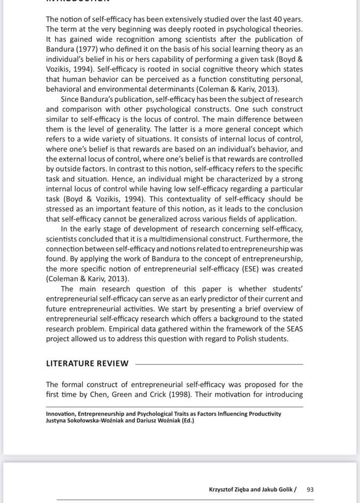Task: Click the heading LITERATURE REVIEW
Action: pos(87,363)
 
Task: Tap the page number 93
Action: pos(310,489)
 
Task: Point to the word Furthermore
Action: pos(266,239)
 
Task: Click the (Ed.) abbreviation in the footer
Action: pos(187,420)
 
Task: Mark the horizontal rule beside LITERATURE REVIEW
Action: pos(219,364)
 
